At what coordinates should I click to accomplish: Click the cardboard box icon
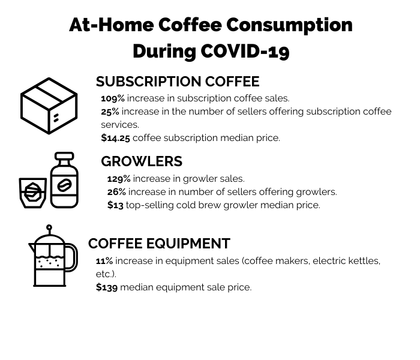click(49, 106)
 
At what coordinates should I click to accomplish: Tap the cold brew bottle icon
click(64, 180)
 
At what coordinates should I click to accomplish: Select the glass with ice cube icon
click(32, 193)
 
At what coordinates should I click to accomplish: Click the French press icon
click(53, 256)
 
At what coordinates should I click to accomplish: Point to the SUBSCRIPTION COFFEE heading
click(178, 82)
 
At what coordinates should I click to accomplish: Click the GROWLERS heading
click(142, 161)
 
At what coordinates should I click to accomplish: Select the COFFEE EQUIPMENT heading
click(159, 244)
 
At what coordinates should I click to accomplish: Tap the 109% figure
click(113, 98)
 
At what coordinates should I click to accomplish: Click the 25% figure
click(110, 112)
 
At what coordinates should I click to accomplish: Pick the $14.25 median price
click(115, 138)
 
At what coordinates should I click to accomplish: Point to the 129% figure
click(119, 179)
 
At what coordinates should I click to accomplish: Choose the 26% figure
click(116, 192)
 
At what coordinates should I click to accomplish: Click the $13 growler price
click(115, 205)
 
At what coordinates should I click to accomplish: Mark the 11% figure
click(104, 261)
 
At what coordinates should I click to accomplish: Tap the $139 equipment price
click(107, 287)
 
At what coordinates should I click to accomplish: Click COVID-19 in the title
click(245, 51)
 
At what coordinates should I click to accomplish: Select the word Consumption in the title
click(289, 26)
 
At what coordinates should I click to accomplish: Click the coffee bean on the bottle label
click(65, 185)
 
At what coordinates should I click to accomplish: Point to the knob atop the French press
click(49, 227)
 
